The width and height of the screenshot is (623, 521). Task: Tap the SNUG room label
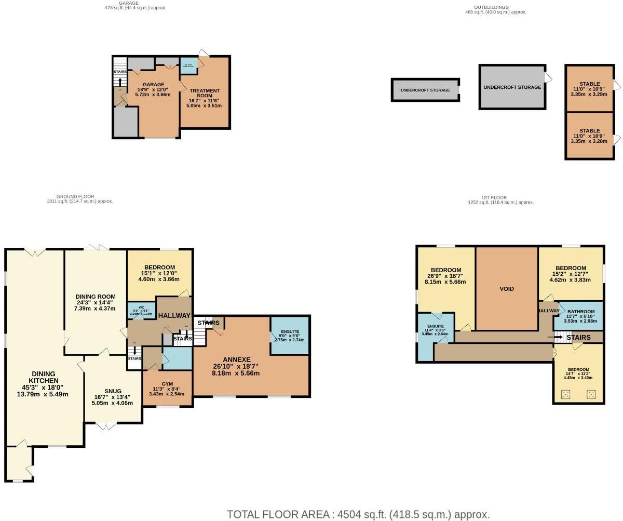pos(113,391)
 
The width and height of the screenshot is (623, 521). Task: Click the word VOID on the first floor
pos(506,289)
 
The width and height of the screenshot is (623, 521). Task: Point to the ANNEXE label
pos(237,359)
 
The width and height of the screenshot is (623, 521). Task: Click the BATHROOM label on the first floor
pos(581,312)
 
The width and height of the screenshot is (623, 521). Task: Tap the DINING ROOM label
pos(94,297)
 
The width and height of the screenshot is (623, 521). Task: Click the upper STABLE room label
pos(589,84)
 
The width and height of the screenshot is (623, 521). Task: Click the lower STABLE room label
pos(589,131)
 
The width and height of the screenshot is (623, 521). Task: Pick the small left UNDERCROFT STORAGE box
pos(425,90)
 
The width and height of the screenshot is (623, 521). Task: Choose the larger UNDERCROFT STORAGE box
pos(512,87)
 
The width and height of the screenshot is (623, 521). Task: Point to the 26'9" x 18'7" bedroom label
pos(446,270)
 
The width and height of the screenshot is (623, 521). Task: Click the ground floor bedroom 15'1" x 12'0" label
pos(159,268)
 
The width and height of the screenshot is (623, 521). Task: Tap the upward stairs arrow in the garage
pos(120,82)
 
